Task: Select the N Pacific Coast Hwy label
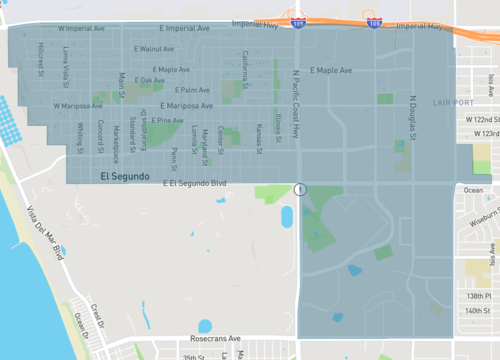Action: coord(295,103)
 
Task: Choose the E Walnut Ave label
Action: coord(152,48)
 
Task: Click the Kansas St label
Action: coord(257,140)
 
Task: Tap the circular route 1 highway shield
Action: coord(299,189)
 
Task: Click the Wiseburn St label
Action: coord(480,211)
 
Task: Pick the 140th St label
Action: coord(481,311)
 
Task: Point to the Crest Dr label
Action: coord(97,315)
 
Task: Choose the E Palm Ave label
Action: coord(177,90)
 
